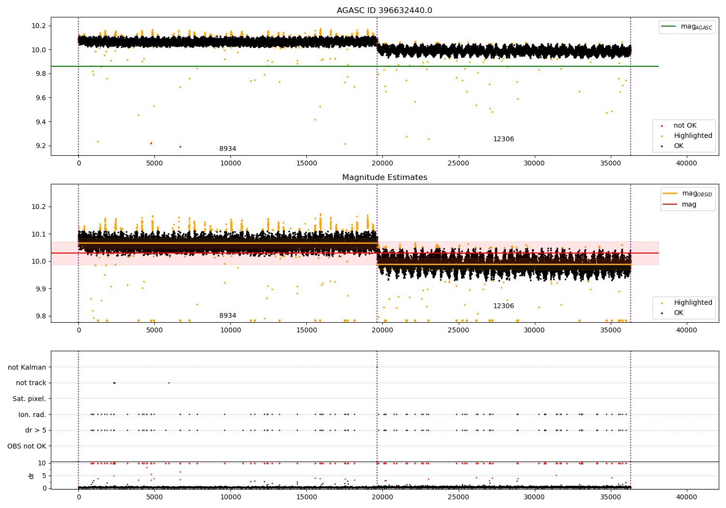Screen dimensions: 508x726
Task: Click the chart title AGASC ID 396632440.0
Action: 384,11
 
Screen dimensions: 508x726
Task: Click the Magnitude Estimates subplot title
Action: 384,178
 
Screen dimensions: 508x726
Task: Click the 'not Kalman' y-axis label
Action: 27,367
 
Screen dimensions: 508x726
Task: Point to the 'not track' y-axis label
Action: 31,383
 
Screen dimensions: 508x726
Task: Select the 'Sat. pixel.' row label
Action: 29,399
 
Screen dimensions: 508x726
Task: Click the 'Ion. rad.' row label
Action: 32,415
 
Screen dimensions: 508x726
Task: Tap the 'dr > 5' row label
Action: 35,430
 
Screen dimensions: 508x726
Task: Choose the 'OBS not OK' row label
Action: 27,446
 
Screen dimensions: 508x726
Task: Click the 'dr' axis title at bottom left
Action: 31,476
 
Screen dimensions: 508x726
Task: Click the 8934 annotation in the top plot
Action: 227,149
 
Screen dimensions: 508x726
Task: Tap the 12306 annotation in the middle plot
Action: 503,306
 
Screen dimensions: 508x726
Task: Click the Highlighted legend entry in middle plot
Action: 693,303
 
